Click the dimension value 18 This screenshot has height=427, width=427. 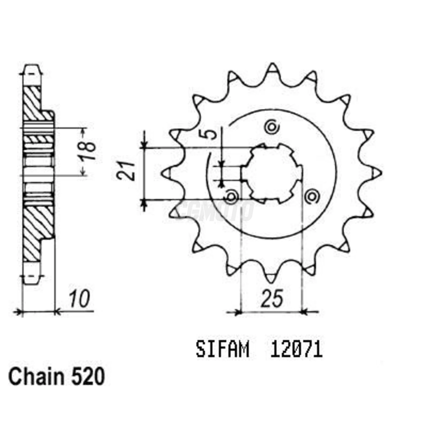click(87, 152)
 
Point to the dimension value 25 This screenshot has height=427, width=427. click(272, 298)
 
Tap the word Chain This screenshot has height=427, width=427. click(36, 377)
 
